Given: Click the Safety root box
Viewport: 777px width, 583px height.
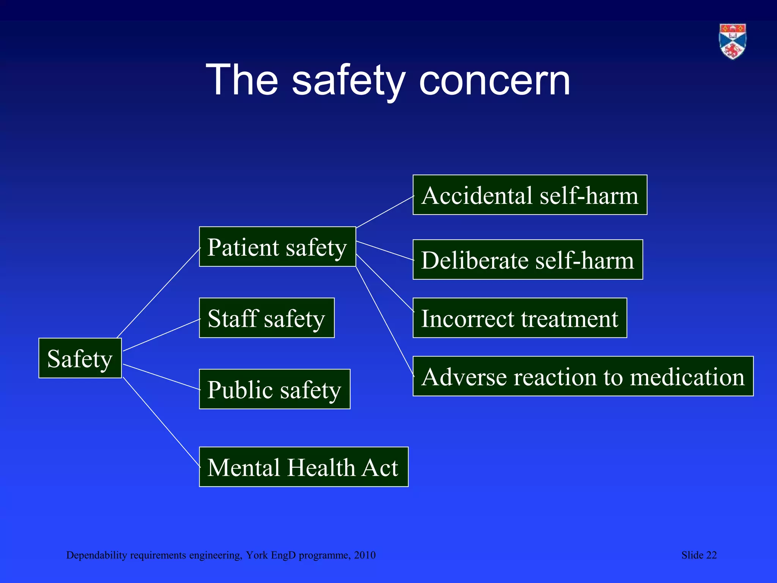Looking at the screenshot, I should point(80,358).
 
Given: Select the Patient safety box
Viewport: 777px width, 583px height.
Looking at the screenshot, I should point(277,247).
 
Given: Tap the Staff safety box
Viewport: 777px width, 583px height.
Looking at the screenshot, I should point(267,318).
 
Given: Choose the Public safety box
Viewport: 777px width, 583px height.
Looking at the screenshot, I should point(275,389).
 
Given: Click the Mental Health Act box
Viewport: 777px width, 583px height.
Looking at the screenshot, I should point(304,466).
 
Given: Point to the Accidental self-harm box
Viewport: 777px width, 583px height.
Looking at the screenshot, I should point(530,195).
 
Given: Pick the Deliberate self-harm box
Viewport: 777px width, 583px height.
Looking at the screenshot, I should point(528,260).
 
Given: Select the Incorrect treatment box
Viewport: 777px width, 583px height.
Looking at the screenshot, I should point(520,318).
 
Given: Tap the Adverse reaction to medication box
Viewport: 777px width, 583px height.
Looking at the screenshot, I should point(583,376).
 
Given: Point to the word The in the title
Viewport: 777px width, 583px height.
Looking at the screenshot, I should point(242,80).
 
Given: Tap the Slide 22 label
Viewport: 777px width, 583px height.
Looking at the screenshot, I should point(699,555).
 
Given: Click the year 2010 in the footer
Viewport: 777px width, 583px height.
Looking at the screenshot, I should point(365,555).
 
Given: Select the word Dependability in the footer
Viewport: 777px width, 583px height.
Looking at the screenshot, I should point(96,555).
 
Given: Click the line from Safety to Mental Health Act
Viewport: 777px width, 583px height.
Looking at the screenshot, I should point(161,422).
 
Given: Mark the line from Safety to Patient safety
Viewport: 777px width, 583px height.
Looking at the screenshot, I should point(159,292).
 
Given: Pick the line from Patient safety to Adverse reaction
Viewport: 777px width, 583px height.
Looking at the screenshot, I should point(384,321).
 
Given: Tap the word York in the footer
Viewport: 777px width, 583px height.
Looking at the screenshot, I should point(257,555).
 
